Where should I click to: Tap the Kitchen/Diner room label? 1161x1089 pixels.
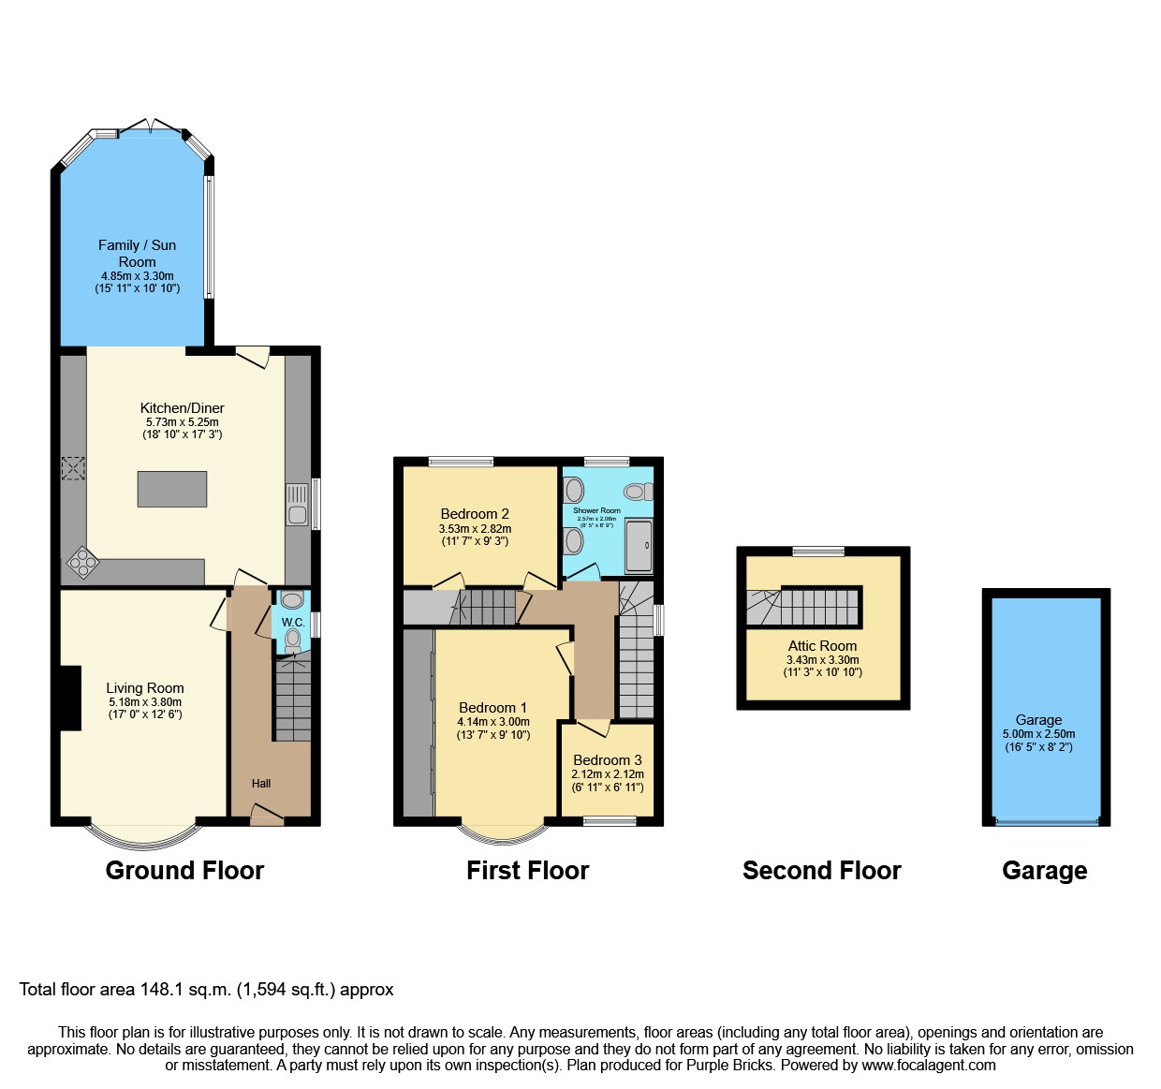(x=182, y=408)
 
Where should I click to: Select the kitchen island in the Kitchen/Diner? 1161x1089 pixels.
(x=172, y=489)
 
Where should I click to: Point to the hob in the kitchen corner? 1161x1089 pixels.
(x=82, y=562)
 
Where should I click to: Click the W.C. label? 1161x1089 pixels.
(x=293, y=623)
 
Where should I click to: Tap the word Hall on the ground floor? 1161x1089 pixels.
(x=261, y=784)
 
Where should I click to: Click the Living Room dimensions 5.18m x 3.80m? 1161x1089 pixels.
(x=145, y=702)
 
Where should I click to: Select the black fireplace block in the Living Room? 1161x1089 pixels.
(x=71, y=698)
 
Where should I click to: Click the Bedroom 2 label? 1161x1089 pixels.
(x=475, y=514)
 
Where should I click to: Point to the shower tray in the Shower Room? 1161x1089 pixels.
(x=639, y=545)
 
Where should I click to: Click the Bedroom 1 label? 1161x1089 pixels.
(x=492, y=708)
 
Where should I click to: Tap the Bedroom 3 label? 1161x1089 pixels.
(x=608, y=760)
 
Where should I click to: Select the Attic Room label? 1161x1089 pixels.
(x=822, y=646)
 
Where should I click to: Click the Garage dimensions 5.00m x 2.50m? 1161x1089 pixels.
(x=1038, y=734)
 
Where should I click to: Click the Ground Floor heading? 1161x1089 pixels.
(x=184, y=871)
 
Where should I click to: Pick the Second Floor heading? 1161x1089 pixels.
(x=821, y=871)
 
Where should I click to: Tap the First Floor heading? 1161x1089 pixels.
(x=527, y=871)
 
